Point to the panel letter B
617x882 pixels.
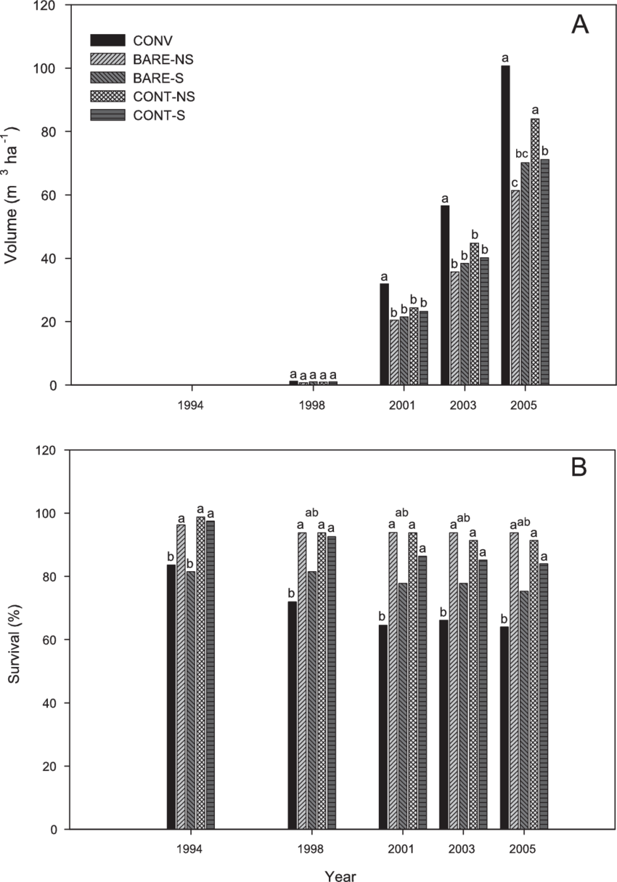[x=579, y=468]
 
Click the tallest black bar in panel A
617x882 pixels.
[x=505, y=225]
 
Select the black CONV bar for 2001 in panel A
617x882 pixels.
[x=384, y=334]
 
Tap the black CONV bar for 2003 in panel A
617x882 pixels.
[x=445, y=295]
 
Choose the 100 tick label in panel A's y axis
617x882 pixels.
[x=48, y=68]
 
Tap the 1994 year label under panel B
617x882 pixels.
[x=191, y=848]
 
